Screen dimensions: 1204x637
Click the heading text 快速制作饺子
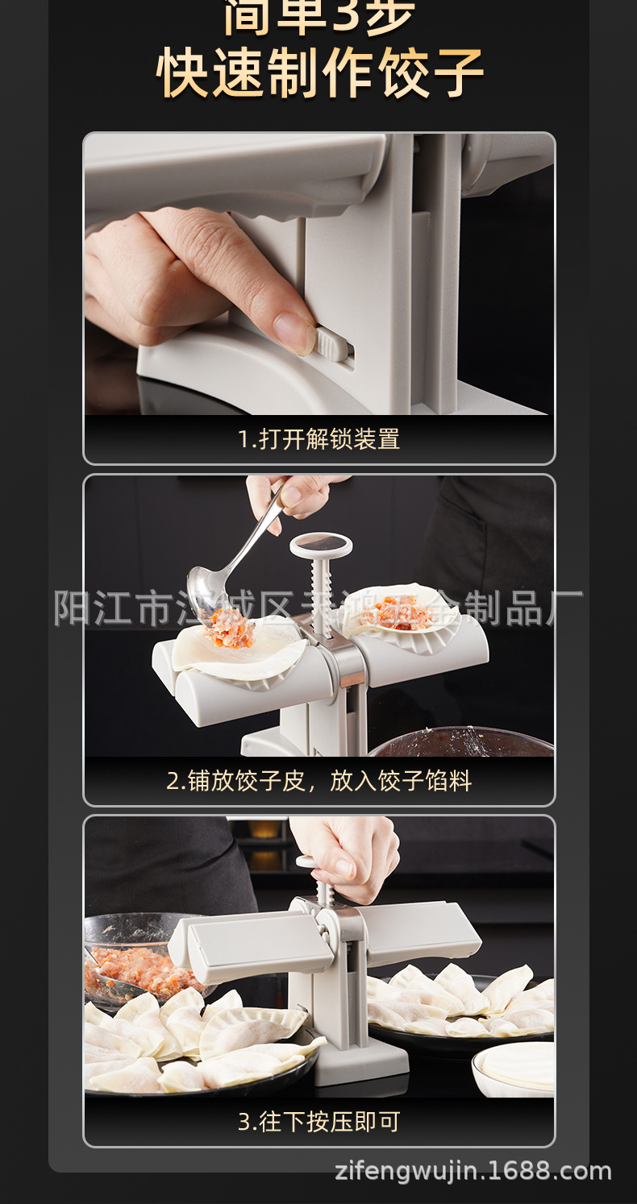319,73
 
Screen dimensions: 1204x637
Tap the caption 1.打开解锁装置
318,439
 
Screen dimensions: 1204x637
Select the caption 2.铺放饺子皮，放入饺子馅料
318,781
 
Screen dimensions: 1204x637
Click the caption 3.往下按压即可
318,1122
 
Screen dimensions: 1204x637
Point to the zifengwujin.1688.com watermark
473,1171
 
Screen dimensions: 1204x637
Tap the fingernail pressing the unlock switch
294,332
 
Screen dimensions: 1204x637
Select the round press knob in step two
321,546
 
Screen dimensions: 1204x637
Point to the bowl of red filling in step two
464,742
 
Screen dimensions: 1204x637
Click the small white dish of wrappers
514,1067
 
